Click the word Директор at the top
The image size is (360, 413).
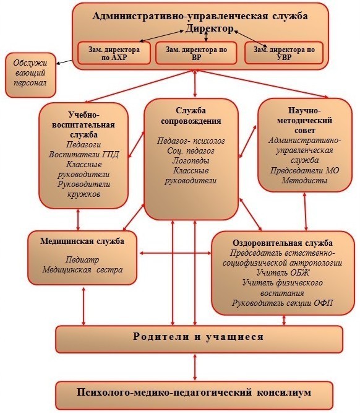click(x=209, y=28)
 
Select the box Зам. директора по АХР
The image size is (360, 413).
click(x=114, y=53)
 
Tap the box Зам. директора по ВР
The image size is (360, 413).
click(x=196, y=53)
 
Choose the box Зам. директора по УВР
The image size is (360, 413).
click(x=284, y=53)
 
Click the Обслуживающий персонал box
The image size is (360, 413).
click(x=30, y=75)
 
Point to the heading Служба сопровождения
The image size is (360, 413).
click(x=191, y=116)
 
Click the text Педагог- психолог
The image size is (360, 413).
click(x=191, y=141)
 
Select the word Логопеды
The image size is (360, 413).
click(x=191, y=160)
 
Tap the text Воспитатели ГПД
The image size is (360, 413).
click(x=84, y=154)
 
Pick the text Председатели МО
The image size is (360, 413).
click(x=304, y=170)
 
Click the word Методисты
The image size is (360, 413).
click(x=304, y=180)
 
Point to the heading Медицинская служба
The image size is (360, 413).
click(x=82, y=241)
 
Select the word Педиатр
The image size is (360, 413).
click(x=82, y=259)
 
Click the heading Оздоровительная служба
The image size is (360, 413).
click(x=283, y=243)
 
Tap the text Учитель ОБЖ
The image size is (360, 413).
click(x=283, y=272)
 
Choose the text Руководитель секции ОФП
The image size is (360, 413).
click(x=283, y=303)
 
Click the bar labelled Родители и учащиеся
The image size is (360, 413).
click(x=199, y=339)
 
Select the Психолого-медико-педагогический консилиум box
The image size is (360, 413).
click(x=194, y=395)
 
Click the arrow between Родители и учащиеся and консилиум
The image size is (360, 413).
click(x=195, y=367)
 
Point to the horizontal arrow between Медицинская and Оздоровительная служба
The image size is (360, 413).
click(x=175, y=253)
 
